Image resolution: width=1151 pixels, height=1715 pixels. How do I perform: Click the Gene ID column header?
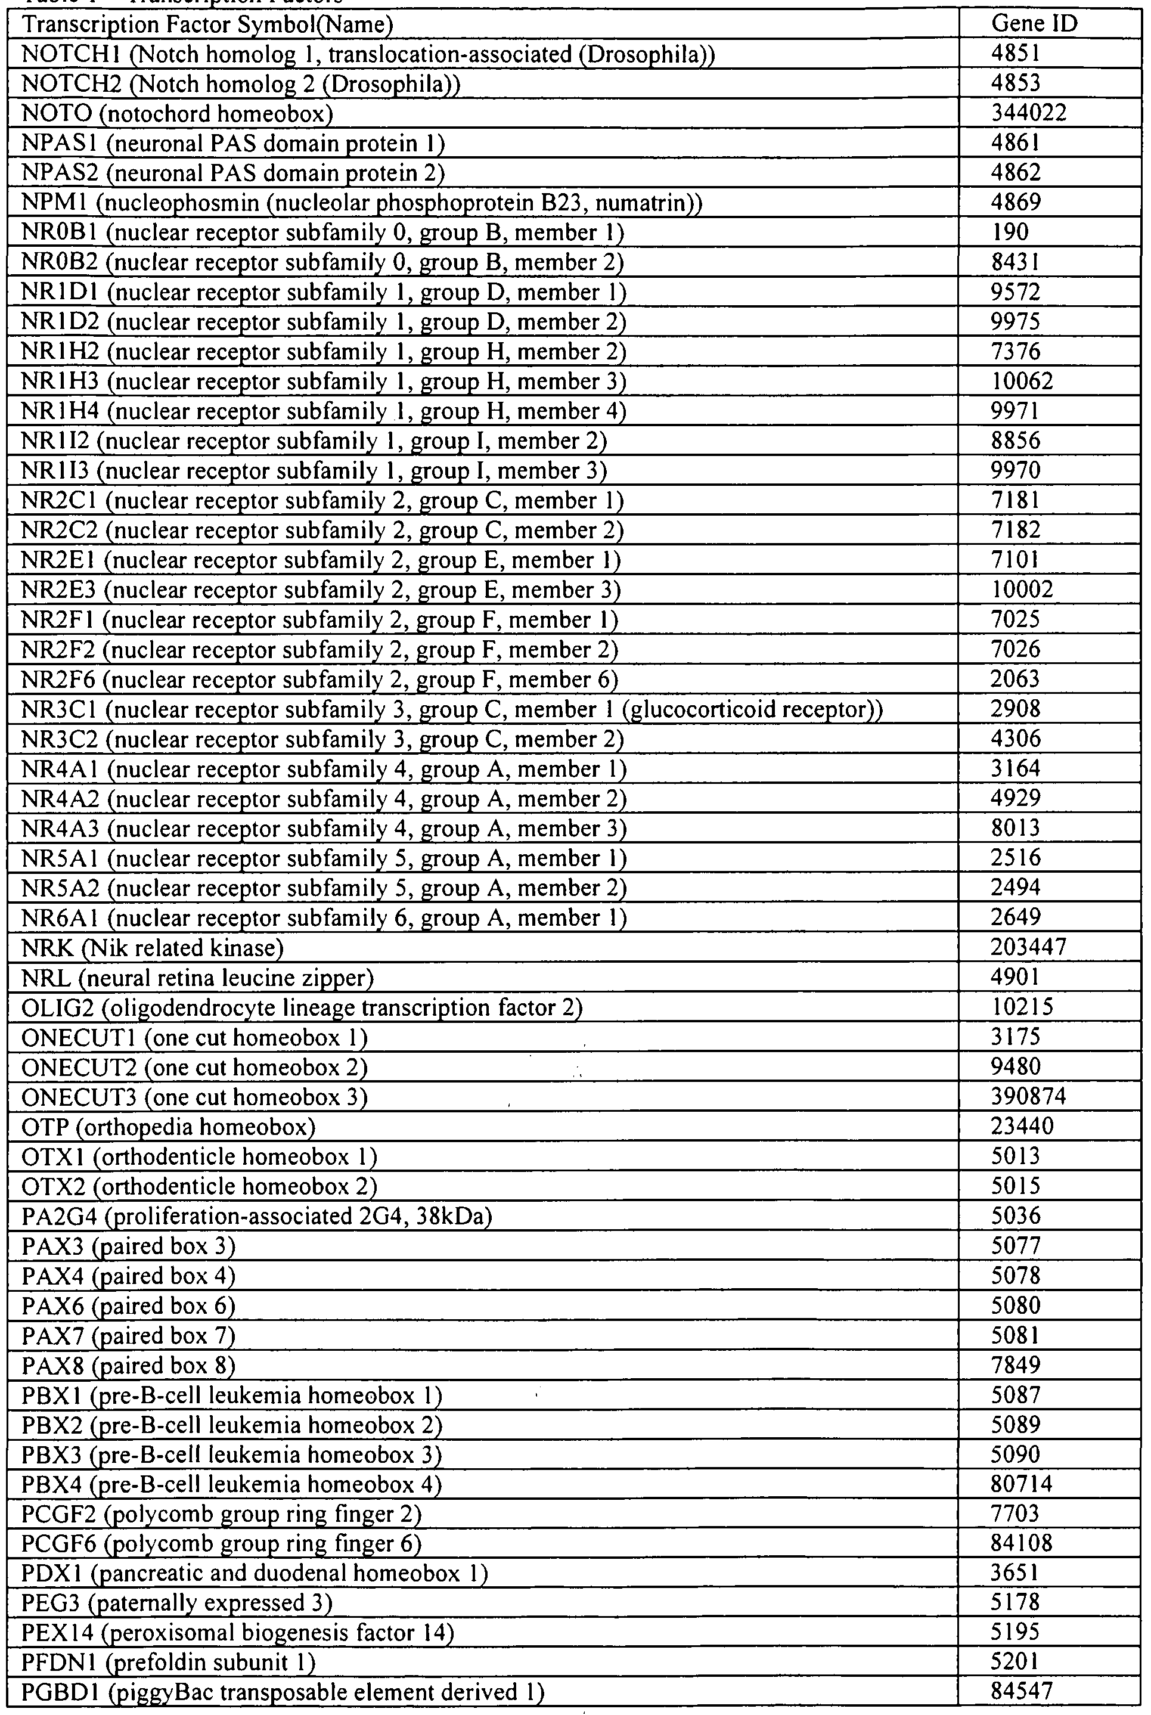[1034, 24]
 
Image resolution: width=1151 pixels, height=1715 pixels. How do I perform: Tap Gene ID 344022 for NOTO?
[1028, 113]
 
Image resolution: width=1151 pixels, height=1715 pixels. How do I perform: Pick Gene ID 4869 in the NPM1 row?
[1016, 202]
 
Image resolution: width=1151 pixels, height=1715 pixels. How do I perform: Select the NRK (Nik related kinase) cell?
[153, 948]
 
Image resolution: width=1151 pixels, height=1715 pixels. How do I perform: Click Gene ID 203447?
[1028, 947]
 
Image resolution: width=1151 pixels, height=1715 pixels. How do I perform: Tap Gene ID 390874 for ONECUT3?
[1028, 1097]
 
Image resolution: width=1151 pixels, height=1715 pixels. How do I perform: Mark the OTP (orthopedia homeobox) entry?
[168, 1127]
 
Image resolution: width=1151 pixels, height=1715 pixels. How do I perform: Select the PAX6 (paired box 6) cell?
[129, 1306]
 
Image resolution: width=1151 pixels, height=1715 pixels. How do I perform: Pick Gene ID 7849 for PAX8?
[1016, 1365]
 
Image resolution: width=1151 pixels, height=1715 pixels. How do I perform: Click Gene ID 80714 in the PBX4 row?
[1021, 1484]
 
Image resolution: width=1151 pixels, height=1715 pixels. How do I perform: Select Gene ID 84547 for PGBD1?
[1021, 1692]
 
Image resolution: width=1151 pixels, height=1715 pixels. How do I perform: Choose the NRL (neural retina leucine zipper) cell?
[197, 978]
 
